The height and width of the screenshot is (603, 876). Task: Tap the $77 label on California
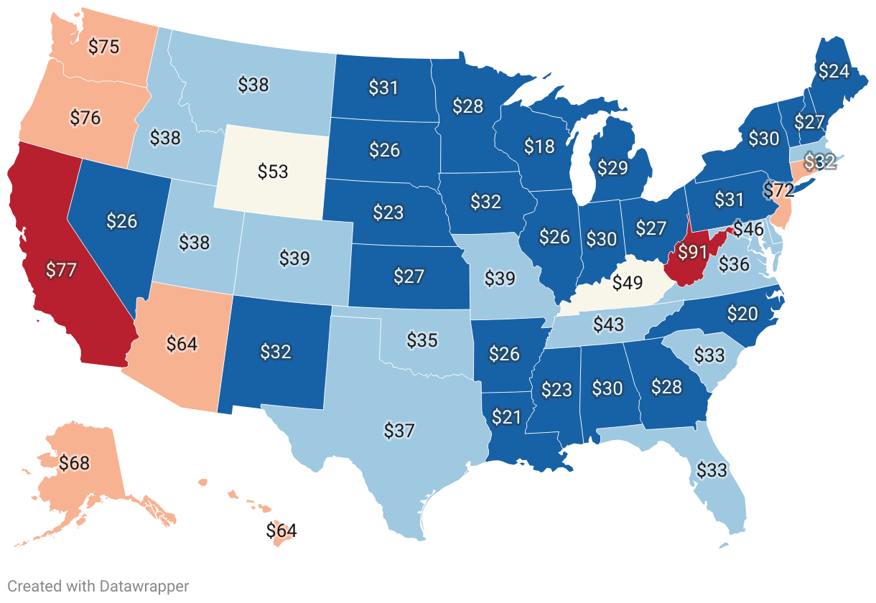point(60,271)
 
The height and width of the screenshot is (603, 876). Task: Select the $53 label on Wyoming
point(273,172)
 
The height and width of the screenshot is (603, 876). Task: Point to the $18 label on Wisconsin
point(539,146)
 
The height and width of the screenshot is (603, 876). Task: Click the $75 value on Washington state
point(103,47)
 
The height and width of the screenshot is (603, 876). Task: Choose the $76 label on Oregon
point(85,117)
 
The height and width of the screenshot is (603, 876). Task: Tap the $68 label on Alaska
point(75,463)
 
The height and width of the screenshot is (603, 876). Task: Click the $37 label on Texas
point(399,431)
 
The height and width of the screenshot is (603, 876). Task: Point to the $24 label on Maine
point(834,71)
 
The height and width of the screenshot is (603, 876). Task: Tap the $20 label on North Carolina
point(742,313)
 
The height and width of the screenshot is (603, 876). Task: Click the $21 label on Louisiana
point(506,416)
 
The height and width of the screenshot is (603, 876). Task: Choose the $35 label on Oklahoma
point(422,340)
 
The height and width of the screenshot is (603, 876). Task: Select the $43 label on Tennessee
point(608,324)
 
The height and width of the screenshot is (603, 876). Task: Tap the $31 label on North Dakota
point(383,88)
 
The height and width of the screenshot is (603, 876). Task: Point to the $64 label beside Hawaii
point(281,531)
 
